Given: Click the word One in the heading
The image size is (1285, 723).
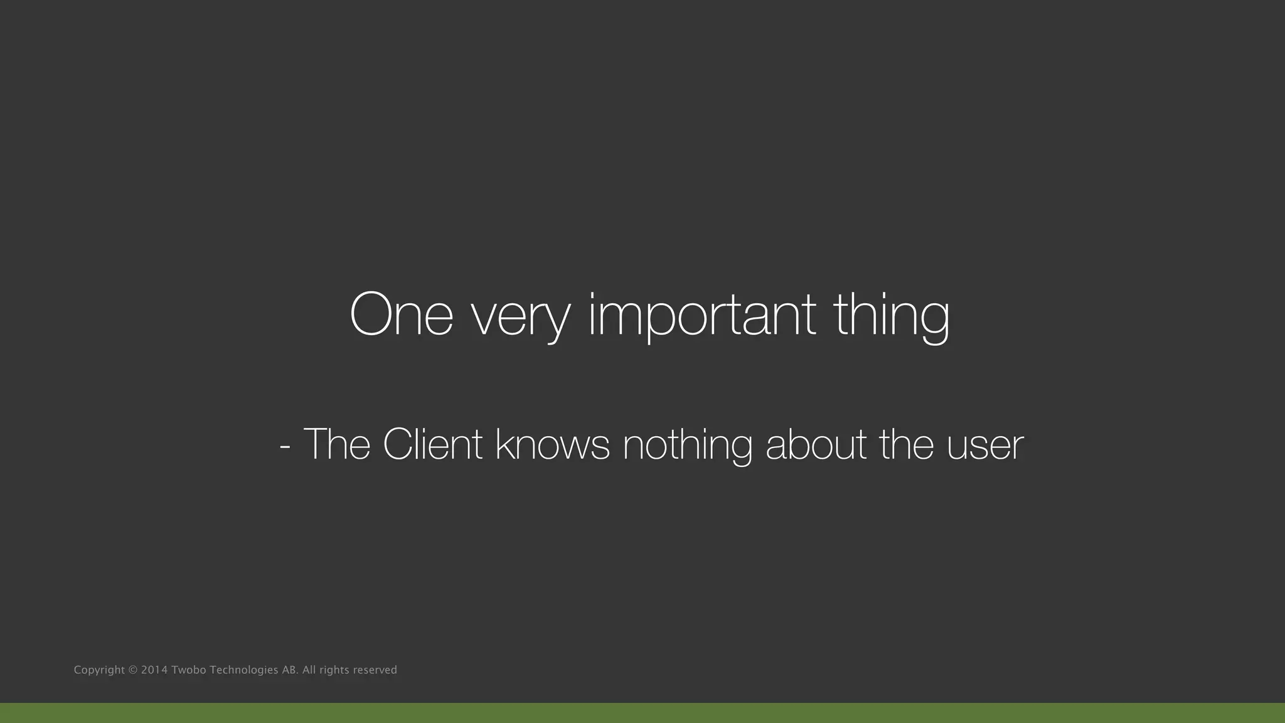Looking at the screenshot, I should coord(401,314).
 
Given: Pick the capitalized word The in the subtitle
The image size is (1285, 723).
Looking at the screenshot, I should coord(337,444).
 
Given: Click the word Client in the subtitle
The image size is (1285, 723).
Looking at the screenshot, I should coord(432,444).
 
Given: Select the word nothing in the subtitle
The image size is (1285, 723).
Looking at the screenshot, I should coord(687,446).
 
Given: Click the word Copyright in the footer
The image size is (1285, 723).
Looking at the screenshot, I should coord(99,670).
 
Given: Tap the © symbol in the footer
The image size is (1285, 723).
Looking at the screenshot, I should coord(132,670).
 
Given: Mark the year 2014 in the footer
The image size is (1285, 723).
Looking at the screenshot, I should coord(154,670).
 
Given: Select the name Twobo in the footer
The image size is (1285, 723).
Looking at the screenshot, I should coord(188,670).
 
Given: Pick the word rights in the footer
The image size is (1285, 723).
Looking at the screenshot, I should coord(334,670).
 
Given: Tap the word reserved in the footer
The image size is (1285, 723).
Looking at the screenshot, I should coord(375,670).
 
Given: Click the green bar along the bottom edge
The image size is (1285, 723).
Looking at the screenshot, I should coord(642,713).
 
